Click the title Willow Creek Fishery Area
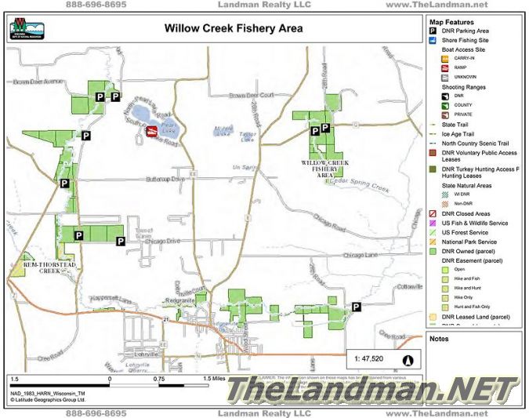[x=234, y=29]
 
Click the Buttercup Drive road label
[x=166, y=180]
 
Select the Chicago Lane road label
[x=360, y=255]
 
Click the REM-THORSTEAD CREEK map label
[x=49, y=267]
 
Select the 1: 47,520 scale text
[x=368, y=359]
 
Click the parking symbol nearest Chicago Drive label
[x=121, y=240]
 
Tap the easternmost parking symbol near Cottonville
[x=357, y=307]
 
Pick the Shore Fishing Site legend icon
[x=433, y=40]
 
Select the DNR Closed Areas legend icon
[x=433, y=214]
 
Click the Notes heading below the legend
[x=439, y=338]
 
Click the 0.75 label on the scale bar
[x=158, y=378]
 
